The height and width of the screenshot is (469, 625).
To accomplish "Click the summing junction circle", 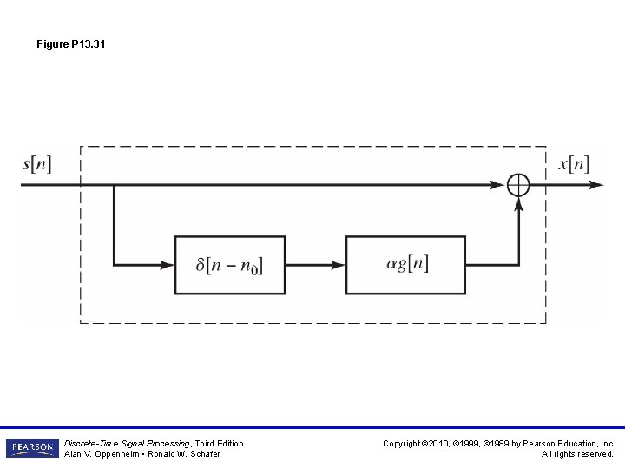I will pyautogui.click(x=518, y=185).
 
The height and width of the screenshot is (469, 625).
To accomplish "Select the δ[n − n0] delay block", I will pyautogui.click(x=229, y=264).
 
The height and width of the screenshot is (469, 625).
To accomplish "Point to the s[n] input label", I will pyautogui.click(x=36, y=165).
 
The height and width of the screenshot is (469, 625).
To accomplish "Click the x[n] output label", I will pyautogui.click(x=574, y=165).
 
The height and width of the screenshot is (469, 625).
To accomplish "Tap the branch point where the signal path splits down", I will pyautogui.click(x=114, y=185).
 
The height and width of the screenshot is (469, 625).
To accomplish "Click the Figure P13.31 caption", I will pyautogui.click(x=71, y=44).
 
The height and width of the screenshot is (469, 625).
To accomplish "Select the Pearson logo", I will pyautogui.click(x=32, y=448).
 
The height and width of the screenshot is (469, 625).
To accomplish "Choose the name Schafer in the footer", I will pyautogui.click(x=202, y=454).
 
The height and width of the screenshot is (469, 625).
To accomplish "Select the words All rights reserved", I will pyautogui.click(x=577, y=454).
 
